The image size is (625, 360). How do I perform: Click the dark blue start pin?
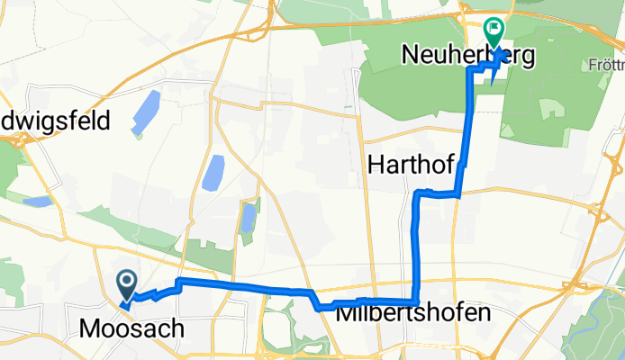click(127, 285)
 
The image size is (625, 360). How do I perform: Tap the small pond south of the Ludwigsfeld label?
click(38, 202)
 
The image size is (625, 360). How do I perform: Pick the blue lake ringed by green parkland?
click(249, 218)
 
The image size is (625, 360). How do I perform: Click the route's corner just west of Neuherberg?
click(468, 69)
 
